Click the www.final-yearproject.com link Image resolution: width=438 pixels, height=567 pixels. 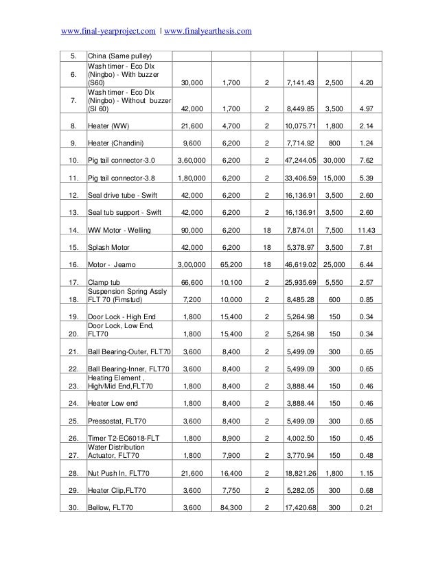[x=108, y=31]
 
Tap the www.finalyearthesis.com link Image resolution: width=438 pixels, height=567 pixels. [x=209, y=31]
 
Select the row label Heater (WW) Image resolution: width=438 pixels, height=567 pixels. [x=107, y=126]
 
